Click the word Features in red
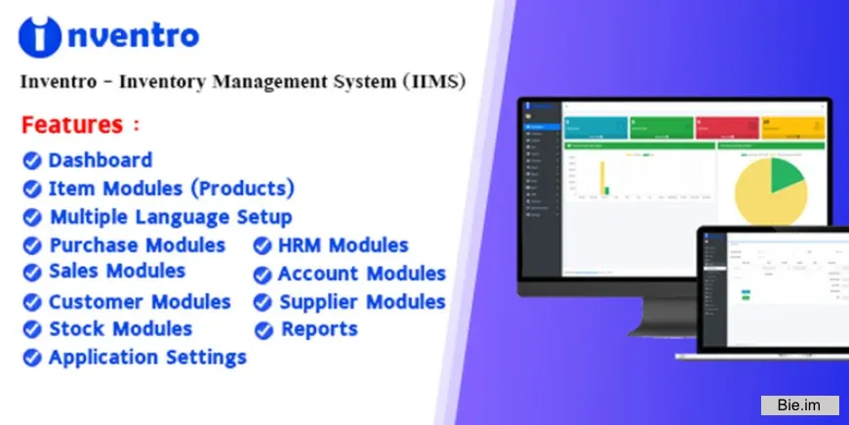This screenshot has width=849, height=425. (72, 125)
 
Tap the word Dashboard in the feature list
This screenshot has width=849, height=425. (101, 159)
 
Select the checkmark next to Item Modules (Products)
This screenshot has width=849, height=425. (32, 188)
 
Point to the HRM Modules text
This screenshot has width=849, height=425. (343, 245)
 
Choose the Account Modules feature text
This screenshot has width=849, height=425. (361, 274)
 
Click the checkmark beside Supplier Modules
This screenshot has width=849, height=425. (263, 303)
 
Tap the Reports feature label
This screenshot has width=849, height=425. (319, 329)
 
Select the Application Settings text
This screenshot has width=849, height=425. (147, 357)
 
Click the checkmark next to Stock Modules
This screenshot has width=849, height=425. (32, 329)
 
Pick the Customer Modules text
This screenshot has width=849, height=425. (140, 302)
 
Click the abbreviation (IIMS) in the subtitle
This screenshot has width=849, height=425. (432, 82)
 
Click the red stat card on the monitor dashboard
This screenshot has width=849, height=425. (726, 127)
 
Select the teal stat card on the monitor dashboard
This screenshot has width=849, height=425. (594, 127)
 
